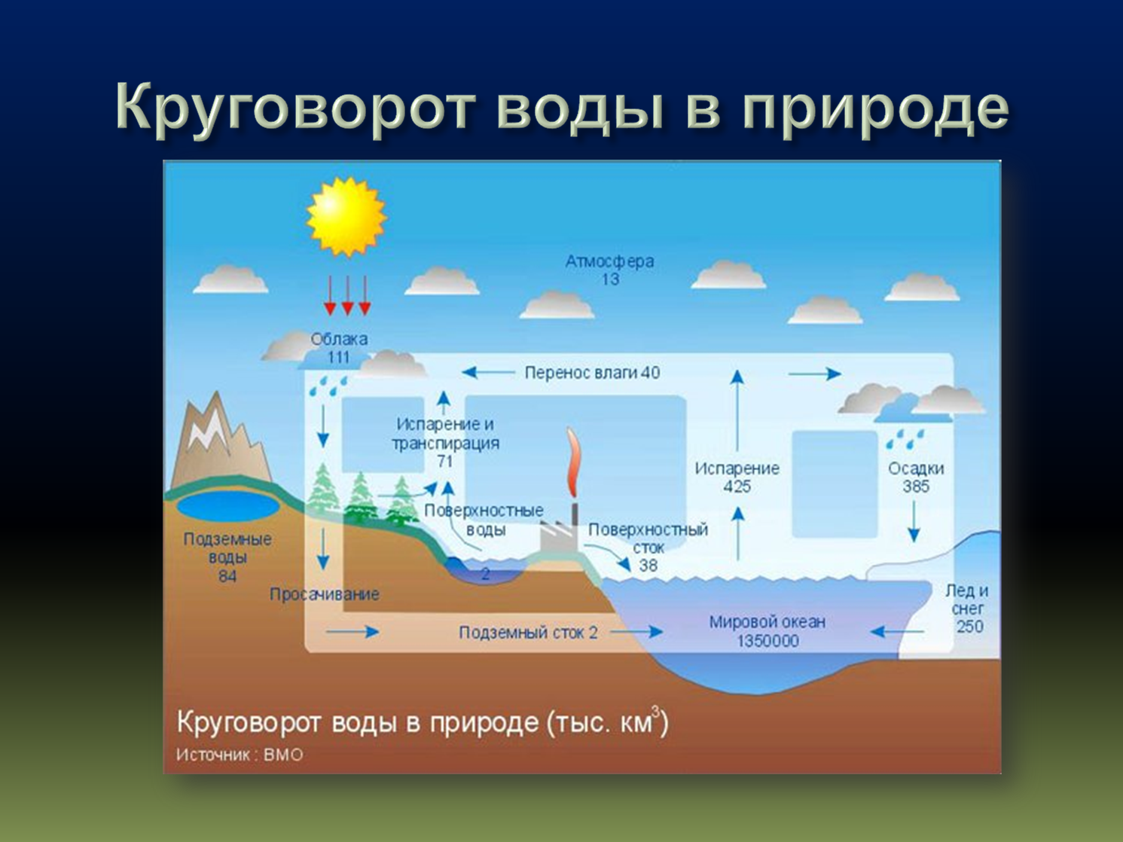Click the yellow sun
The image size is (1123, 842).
tap(346, 216)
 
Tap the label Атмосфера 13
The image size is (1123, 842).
tap(609, 270)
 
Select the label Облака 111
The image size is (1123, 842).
tap(339, 348)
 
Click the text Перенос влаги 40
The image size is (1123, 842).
tap(592, 372)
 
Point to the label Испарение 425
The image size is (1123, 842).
tap(737, 477)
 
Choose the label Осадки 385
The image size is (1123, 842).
tap(916, 477)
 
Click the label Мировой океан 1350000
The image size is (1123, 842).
tap(767, 631)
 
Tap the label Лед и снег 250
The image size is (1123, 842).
tap(967, 609)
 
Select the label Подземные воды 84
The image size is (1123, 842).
tap(227, 557)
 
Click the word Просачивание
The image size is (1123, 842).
tap(325, 594)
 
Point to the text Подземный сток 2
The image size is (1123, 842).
tap(528, 633)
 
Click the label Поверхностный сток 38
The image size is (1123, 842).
tap(648, 548)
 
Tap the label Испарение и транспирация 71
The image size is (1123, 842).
tap(445, 443)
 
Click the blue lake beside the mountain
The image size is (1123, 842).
tap(228, 506)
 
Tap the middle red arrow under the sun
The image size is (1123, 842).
tap(347, 295)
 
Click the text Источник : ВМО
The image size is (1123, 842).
tap(240, 755)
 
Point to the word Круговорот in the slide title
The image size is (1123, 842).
tap(295, 110)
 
